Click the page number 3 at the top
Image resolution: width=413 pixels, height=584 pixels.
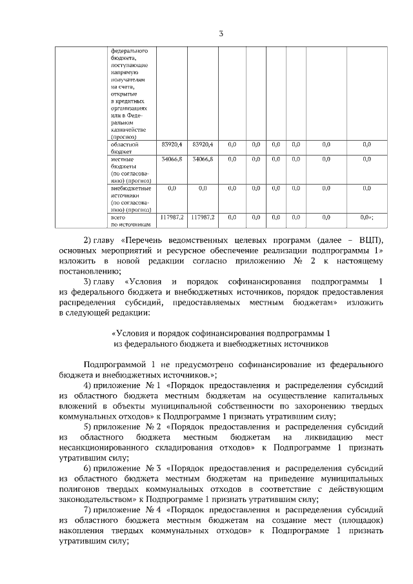tap(221, 34)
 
